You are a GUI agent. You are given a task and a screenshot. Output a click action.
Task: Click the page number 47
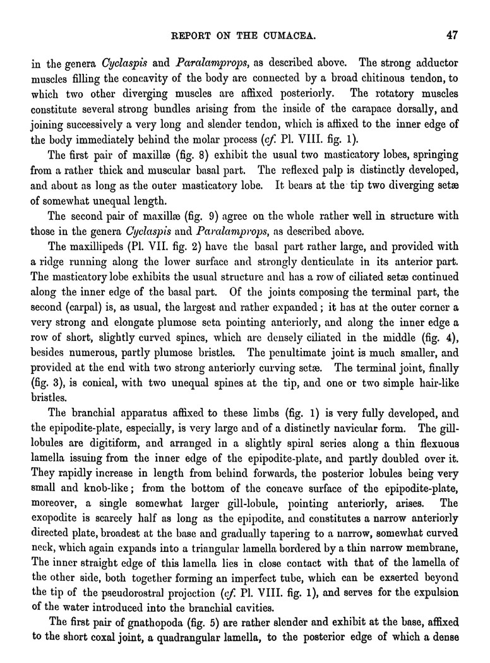451,35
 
